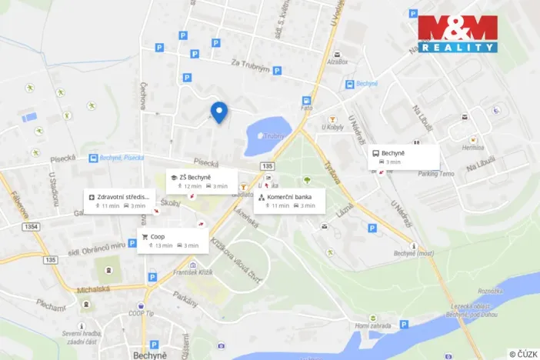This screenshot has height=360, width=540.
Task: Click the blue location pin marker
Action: click(x=219, y=112)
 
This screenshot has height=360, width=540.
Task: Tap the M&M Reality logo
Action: click(x=458, y=34)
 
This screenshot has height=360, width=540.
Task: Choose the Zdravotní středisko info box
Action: click(x=118, y=201)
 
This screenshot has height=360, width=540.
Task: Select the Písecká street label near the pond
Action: click(x=207, y=162)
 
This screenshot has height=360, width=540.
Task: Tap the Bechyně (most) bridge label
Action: click(x=415, y=253)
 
